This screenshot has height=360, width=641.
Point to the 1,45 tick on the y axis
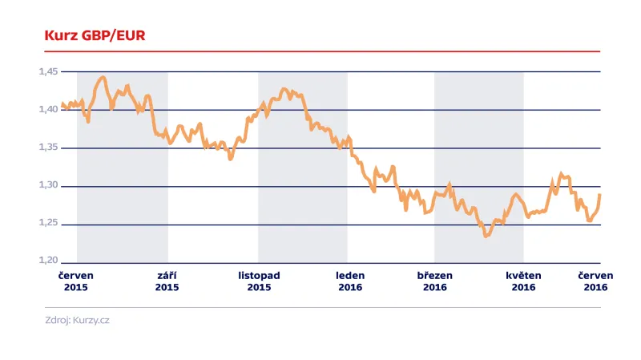tap(49, 71)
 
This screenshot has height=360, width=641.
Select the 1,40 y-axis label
tap(49, 109)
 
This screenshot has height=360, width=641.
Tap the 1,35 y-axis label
tap(49, 148)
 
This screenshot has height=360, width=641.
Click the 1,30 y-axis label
tap(49, 185)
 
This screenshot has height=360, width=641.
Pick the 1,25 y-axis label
tap(49, 223)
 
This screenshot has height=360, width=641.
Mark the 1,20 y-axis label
tap(49, 261)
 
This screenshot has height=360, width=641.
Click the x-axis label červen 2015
tap(76, 281)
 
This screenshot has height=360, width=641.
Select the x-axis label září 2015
tap(167, 281)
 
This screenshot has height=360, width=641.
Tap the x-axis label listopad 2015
tap(259, 281)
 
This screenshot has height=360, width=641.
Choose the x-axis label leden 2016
tap(350, 281)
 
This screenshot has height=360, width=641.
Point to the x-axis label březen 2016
tap(434, 281)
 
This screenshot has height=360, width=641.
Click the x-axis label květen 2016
tap(523, 281)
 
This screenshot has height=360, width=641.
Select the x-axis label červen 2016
tap(595, 281)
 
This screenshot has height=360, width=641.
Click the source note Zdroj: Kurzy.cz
tap(77, 321)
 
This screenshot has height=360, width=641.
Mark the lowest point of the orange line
tap(486, 237)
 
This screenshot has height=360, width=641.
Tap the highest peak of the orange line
tap(103, 77)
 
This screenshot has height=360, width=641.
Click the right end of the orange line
tap(600, 195)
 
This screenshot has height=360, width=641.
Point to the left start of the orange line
tap(62, 104)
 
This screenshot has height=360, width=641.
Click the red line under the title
tap(320, 51)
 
